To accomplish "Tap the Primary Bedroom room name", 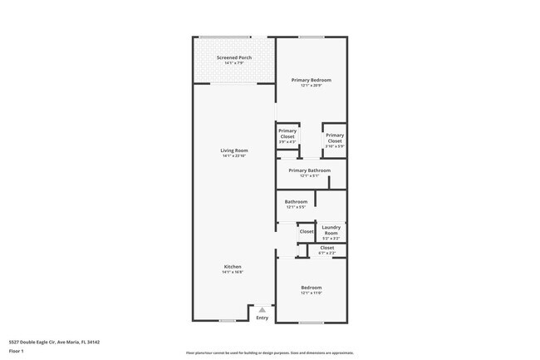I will pos(311,80).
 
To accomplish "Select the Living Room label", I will pos(234,150).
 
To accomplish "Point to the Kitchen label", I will pos(232,267).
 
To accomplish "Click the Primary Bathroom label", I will pos(309,170).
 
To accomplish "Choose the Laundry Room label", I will pos(331,230).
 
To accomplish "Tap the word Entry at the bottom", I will pos(262,318).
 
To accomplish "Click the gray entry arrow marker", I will pos(262,309).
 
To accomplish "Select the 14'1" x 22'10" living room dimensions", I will pos(234,155).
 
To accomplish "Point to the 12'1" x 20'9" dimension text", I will pos(311,85).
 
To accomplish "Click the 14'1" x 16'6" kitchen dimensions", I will pos(232,272).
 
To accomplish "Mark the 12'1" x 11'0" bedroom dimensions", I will pos(311,293).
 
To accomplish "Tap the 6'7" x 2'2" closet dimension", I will pos(326,253).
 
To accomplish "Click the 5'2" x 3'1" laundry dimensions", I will pos(331,239).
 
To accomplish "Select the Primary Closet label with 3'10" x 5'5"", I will pos(335,138).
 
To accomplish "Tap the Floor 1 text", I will pos(17,351).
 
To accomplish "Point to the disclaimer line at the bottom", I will pos(269,353).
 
